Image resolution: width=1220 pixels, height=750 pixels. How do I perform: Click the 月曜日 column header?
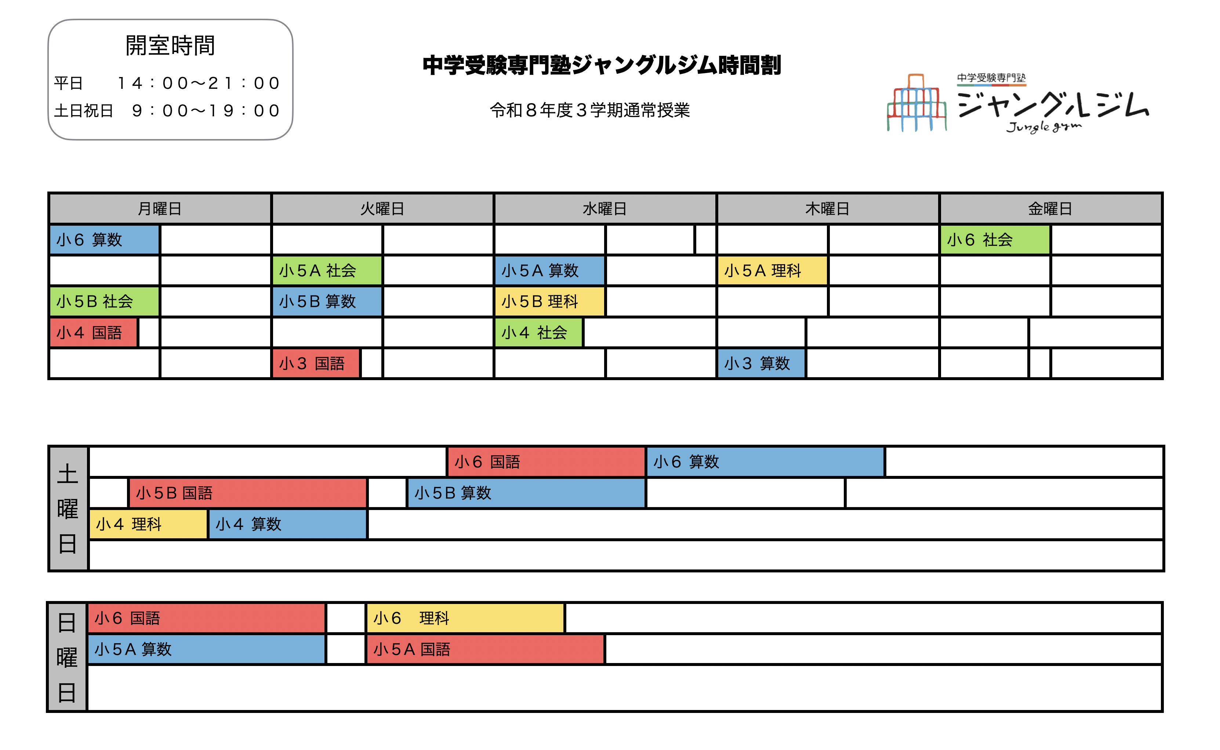click(159, 209)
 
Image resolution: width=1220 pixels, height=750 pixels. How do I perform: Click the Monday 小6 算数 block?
click(104, 240)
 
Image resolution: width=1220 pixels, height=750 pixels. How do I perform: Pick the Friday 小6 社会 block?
click(995, 240)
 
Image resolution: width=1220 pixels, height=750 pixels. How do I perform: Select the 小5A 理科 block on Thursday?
click(772, 271)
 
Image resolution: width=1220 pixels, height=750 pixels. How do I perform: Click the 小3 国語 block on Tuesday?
click(316, 364)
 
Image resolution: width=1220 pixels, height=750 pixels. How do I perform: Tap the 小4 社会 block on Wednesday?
click(538, 332)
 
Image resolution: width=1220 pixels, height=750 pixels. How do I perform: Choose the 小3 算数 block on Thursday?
click(761, 364)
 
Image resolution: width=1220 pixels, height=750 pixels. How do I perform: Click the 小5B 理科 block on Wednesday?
click(549, 302)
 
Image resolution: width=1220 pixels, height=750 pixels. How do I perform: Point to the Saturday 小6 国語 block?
click(546, 462)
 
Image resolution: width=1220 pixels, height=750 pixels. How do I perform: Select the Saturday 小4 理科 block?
click(148, 524)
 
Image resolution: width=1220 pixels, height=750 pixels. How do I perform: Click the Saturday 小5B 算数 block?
click(526, 493)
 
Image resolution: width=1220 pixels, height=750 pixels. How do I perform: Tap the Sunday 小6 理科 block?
click(465, 618)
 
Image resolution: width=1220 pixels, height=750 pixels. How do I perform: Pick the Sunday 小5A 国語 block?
click(485, 649)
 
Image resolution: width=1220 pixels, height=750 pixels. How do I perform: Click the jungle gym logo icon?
click(916, 103)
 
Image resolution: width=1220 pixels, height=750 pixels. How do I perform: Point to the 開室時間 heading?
click(170, 45)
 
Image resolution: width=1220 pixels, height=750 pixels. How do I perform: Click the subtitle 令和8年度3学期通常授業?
click(589, 110)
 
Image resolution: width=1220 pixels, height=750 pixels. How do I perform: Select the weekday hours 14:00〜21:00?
click(199, 83)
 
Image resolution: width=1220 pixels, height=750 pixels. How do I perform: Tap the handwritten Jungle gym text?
click(1043, 127)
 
